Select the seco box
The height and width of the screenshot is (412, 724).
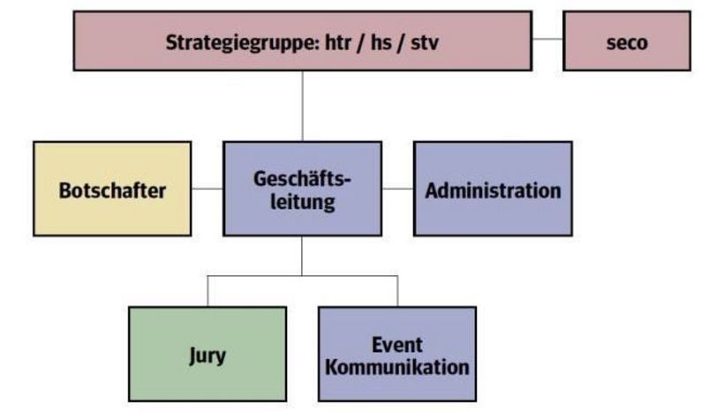coord(627,41)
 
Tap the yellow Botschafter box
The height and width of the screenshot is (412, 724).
coord(112,189)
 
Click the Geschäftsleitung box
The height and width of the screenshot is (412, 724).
coord(302,189)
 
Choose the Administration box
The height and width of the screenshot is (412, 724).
coord(493,189)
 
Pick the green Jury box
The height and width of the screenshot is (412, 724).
coord(207,355)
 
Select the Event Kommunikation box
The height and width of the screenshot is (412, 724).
coord(396,355)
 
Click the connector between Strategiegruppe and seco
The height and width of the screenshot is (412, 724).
coord(547,41)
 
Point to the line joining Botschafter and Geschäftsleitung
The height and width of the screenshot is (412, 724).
coord(207,188)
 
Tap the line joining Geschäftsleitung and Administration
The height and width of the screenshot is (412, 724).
coord(397,188)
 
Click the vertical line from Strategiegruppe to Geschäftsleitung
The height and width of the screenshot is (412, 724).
coord(302,106)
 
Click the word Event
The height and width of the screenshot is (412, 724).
coord(396,344)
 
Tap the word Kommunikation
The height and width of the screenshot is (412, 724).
coord(396,366)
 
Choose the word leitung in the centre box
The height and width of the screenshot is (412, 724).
coord(302,201)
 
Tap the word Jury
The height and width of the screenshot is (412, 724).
coord(207,356)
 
